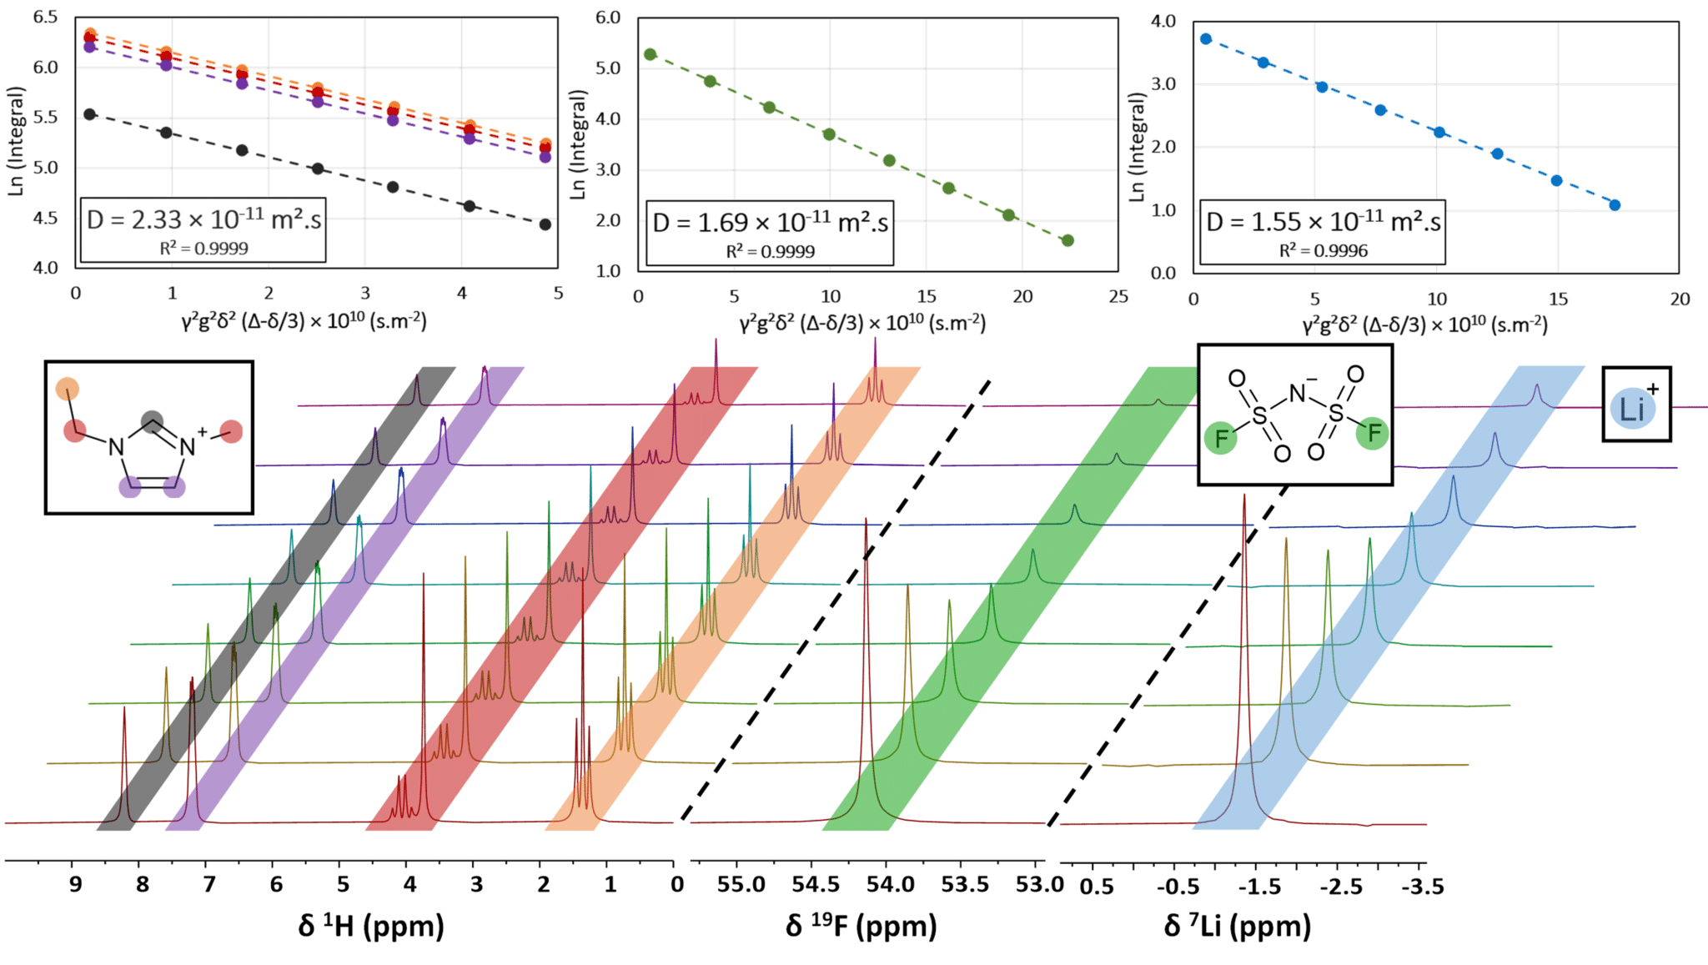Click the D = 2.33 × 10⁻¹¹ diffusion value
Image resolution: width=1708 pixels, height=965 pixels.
(x=203, y=219)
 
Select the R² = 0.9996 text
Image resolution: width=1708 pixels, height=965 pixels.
(x=1324, y=251)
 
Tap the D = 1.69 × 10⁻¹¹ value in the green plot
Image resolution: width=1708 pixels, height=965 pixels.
(x=770, y=223)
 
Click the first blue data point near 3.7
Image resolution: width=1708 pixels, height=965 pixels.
(x=1206, y=39)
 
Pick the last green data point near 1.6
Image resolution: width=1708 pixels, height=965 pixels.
(x=1067, y=241)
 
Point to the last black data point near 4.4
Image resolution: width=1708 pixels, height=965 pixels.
(x=545, y=224)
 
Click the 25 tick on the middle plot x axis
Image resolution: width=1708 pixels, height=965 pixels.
(x=1118, y=297)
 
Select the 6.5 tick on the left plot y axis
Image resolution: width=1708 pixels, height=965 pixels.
(x=46, y=17)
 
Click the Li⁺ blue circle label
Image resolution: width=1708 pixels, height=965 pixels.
(x=1631, y=409)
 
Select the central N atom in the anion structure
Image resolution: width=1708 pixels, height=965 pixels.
(x=1298, y=393)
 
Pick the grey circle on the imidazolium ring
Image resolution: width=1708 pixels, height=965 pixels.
(x=152, y=421)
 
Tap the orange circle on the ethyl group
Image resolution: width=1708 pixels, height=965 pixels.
(x=68, y=389)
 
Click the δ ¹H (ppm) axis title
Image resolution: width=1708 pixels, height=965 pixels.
(x=371, y=925)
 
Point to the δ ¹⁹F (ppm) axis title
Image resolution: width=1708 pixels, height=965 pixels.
(x=861, y=925)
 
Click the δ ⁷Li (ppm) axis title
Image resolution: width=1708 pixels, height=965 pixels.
(x=1237, y=925)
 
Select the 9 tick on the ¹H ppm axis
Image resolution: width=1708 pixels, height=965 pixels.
(x=75, y=885)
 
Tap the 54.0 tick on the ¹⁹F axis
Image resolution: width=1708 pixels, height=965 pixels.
(x=891, y=885)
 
